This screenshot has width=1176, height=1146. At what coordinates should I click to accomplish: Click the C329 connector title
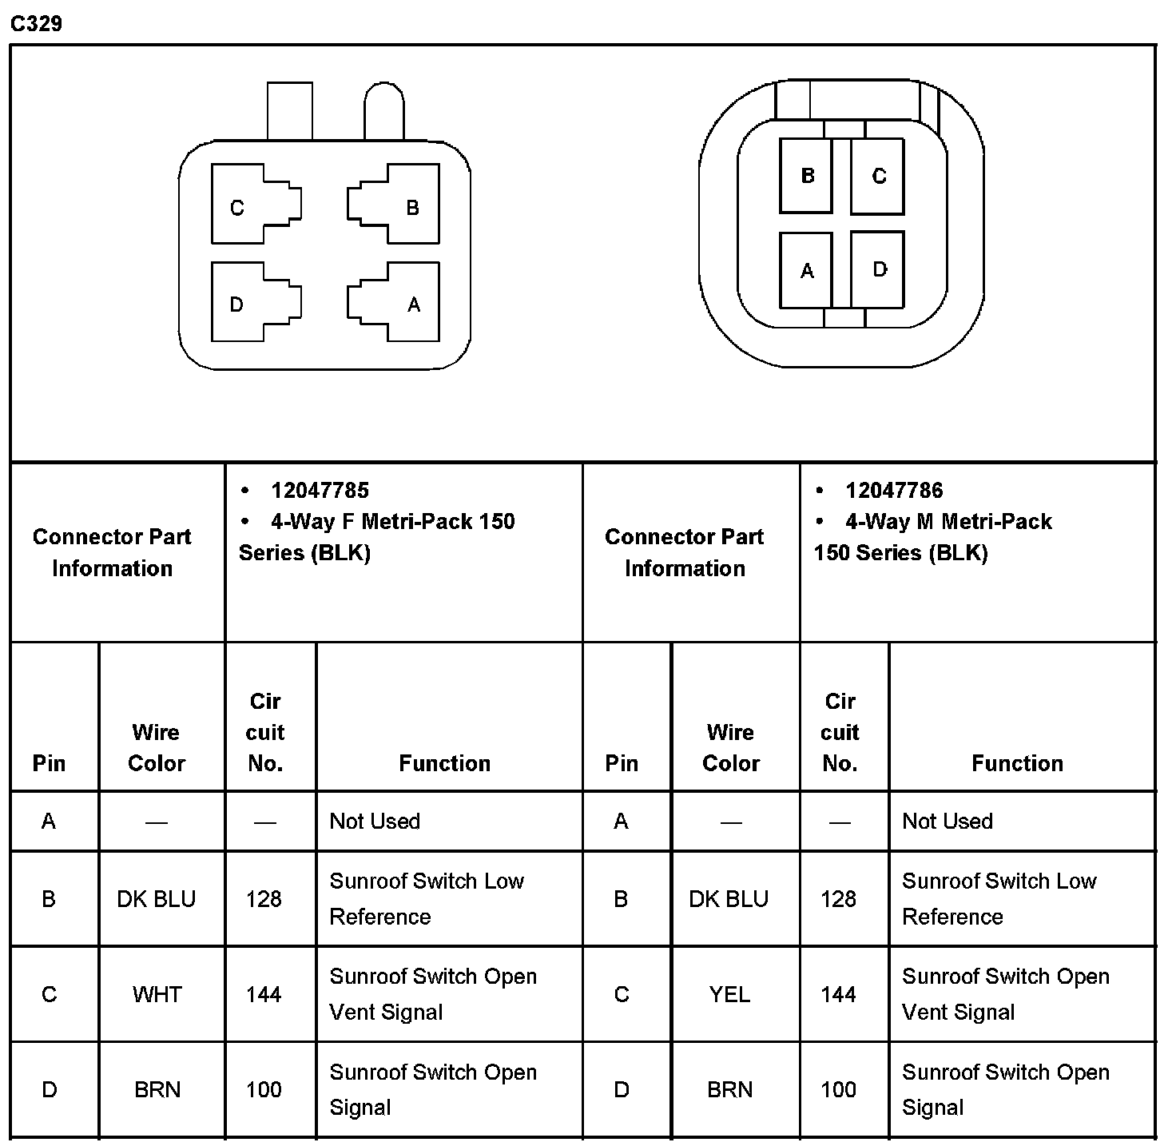(x=36, y=23)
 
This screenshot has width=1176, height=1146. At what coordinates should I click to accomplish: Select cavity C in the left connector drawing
(x=237, y=208)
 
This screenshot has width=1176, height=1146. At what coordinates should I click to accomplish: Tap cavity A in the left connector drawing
(x=413, y=304)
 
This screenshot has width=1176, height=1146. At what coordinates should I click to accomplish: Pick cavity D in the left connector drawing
(x=236, y=304)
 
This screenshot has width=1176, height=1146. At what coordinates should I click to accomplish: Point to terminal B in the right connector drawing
(x=807, y=176)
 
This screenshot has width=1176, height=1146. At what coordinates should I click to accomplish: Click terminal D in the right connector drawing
(x=879, y=269)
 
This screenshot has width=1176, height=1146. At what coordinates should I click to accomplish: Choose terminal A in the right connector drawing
(x=807, y=271)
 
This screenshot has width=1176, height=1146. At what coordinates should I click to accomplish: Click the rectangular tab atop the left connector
(x=289, y=111)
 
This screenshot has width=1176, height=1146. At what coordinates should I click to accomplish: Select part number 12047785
(x=320, y=491)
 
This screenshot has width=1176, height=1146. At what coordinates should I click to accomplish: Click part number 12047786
(x=894, y=491)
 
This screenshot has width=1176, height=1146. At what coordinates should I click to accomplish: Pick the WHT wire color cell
(x=157, y=995)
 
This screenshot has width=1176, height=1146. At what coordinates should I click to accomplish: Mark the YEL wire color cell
(x=729, y=995)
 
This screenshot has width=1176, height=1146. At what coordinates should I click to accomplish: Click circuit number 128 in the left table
(x=264, y=900)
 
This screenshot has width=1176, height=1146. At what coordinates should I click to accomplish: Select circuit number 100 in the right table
(x=838, y=1090)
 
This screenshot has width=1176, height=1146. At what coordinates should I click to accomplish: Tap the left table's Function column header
(x=444, y=763)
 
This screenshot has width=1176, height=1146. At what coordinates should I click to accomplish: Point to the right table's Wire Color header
(x=731, y=748)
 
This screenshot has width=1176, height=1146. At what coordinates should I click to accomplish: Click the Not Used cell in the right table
(x=948, y=822)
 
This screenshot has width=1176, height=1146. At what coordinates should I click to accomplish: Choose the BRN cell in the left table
(x=157, y=1090)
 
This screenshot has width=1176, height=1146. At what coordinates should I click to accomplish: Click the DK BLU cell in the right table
(x=729, y=900)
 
